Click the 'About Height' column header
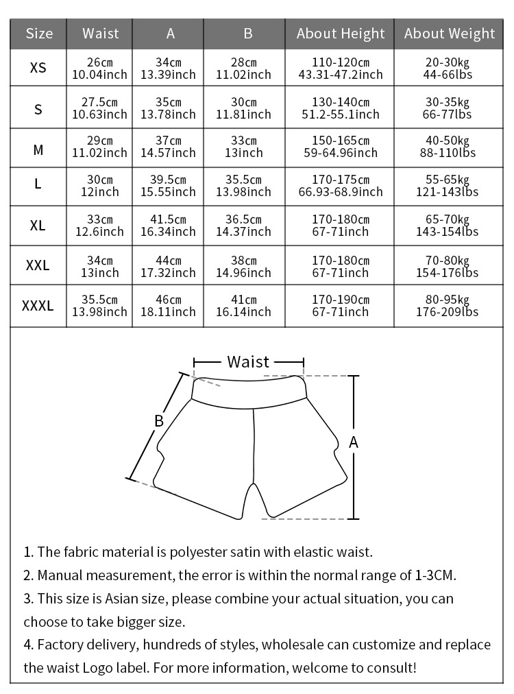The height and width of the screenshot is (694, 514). pos(341,34)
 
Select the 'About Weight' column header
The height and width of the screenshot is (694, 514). pos(450,34)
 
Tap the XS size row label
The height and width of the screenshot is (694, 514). pos(38,69)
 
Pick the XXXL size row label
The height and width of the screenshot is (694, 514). pos(38,306)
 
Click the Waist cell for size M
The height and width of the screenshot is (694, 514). pos(100,147)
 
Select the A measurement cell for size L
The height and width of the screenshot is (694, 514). pos(168,186)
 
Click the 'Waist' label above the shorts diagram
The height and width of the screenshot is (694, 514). pos(248,362)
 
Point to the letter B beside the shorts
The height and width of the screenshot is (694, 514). pos(158,421)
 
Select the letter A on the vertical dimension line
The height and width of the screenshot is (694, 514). pos(354,443)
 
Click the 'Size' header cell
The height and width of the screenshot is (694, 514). pos(38,34)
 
